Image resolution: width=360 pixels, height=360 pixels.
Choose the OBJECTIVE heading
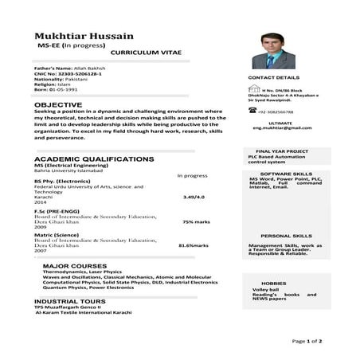58,104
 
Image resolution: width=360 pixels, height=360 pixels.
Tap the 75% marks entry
194,221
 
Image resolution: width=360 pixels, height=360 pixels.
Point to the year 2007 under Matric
41,251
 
